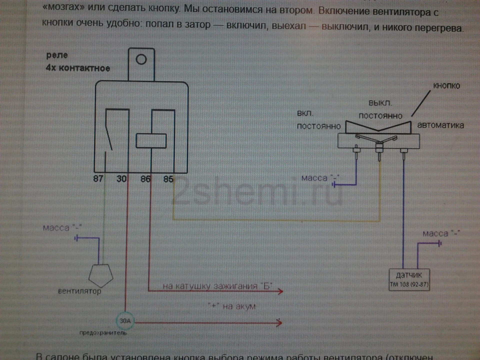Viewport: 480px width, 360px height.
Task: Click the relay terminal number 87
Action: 98,179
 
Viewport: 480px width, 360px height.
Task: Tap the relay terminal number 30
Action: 121,179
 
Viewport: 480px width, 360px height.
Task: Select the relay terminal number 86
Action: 145,179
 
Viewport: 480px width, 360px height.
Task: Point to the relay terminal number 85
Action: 168,179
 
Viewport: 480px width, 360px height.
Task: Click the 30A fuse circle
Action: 125,321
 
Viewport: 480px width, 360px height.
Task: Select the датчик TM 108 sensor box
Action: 409,280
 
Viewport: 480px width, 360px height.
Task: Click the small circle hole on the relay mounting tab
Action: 141,59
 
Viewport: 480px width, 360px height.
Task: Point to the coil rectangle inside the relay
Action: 151,141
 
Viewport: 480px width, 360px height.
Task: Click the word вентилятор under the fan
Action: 79,291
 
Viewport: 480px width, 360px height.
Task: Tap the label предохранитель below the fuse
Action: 103,333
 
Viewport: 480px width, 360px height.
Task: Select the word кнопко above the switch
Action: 446,86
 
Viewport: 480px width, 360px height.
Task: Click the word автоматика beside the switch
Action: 440,125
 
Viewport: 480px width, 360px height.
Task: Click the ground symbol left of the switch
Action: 334,185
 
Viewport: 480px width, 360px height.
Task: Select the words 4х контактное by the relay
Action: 78,68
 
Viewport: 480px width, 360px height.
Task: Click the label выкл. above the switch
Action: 380,103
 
